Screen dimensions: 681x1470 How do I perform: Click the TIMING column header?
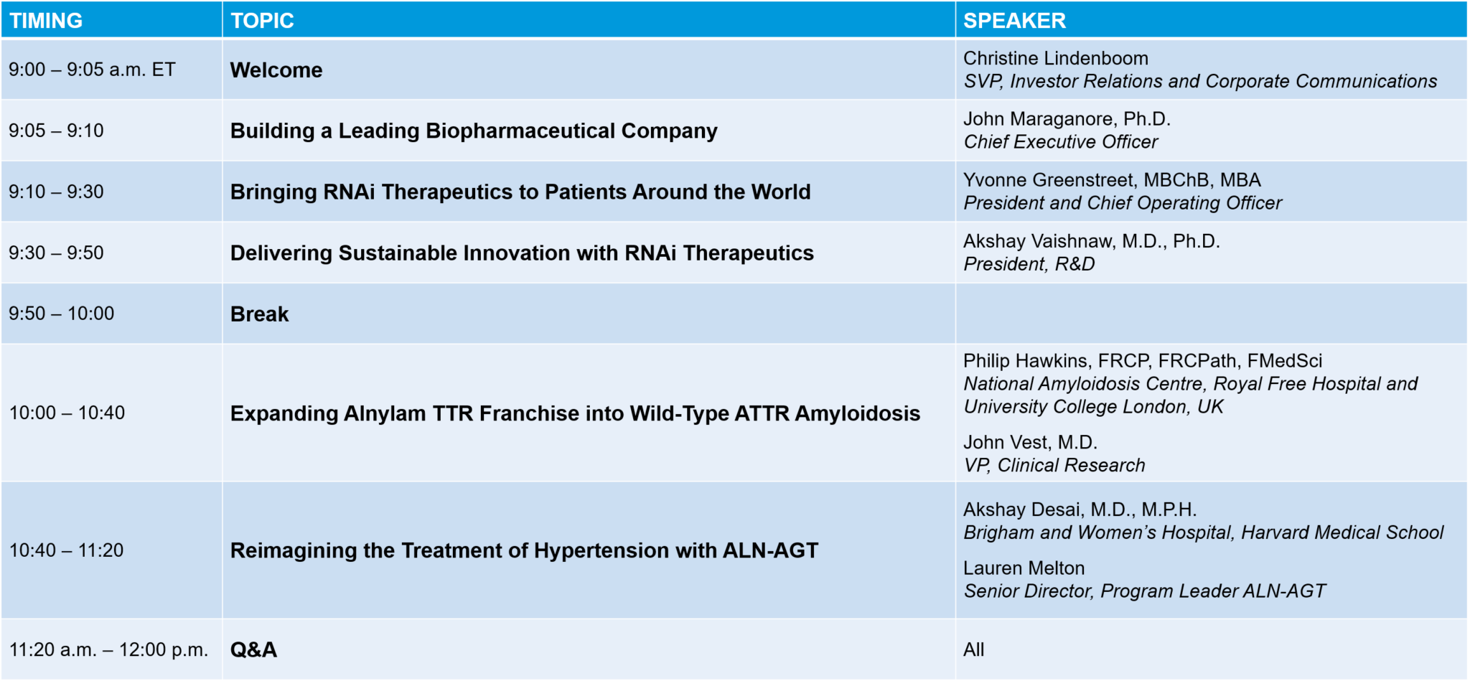(x=46, y=21)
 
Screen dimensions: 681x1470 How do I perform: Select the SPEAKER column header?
(x=1014, y=21)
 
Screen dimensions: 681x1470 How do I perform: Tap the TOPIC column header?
(x=262, y=21)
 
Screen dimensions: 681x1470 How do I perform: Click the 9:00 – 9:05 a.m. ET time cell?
(x=92, y=70)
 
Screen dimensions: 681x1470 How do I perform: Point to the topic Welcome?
(x=276, y=70)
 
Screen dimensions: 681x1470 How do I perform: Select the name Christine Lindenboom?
(x=1055, y=58)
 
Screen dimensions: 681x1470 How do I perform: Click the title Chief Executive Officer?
(x=1060, y=142)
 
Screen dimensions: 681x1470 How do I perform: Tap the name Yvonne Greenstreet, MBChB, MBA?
(x=1111, y=180)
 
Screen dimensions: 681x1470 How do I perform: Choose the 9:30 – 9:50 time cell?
(x=56, y=253)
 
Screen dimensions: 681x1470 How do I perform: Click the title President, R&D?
(x=1029, y=264)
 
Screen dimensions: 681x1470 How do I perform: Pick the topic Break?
(x=259, y=314)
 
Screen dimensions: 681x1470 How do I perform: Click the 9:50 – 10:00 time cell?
(x=61, y=314)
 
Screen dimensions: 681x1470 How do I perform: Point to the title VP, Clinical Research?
(x=1054, y=466)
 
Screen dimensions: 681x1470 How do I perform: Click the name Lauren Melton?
(x=1024, y=568)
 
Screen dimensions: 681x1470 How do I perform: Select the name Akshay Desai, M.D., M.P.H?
(x=1080, y=509)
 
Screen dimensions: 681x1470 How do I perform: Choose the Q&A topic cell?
(x=253, y=649)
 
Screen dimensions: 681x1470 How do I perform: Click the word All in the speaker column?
(x=973, y=649)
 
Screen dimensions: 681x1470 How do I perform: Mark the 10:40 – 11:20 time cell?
(x=66, y=550)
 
